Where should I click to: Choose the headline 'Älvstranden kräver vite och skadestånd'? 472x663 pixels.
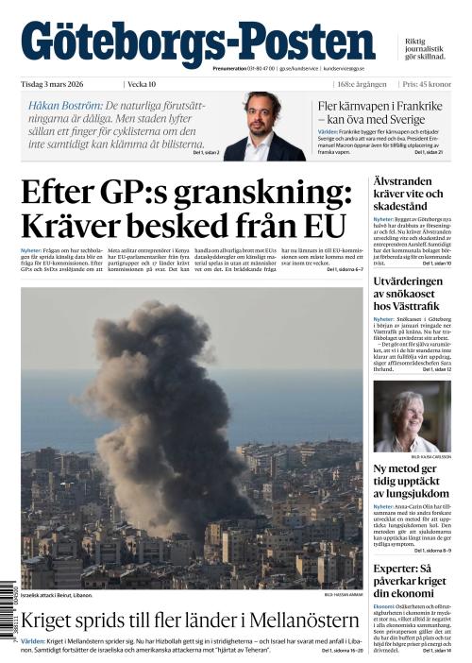[411, 193]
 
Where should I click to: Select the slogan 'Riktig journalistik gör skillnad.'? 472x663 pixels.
[427, 49]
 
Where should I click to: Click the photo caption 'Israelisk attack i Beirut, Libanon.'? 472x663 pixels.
[57, 596]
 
